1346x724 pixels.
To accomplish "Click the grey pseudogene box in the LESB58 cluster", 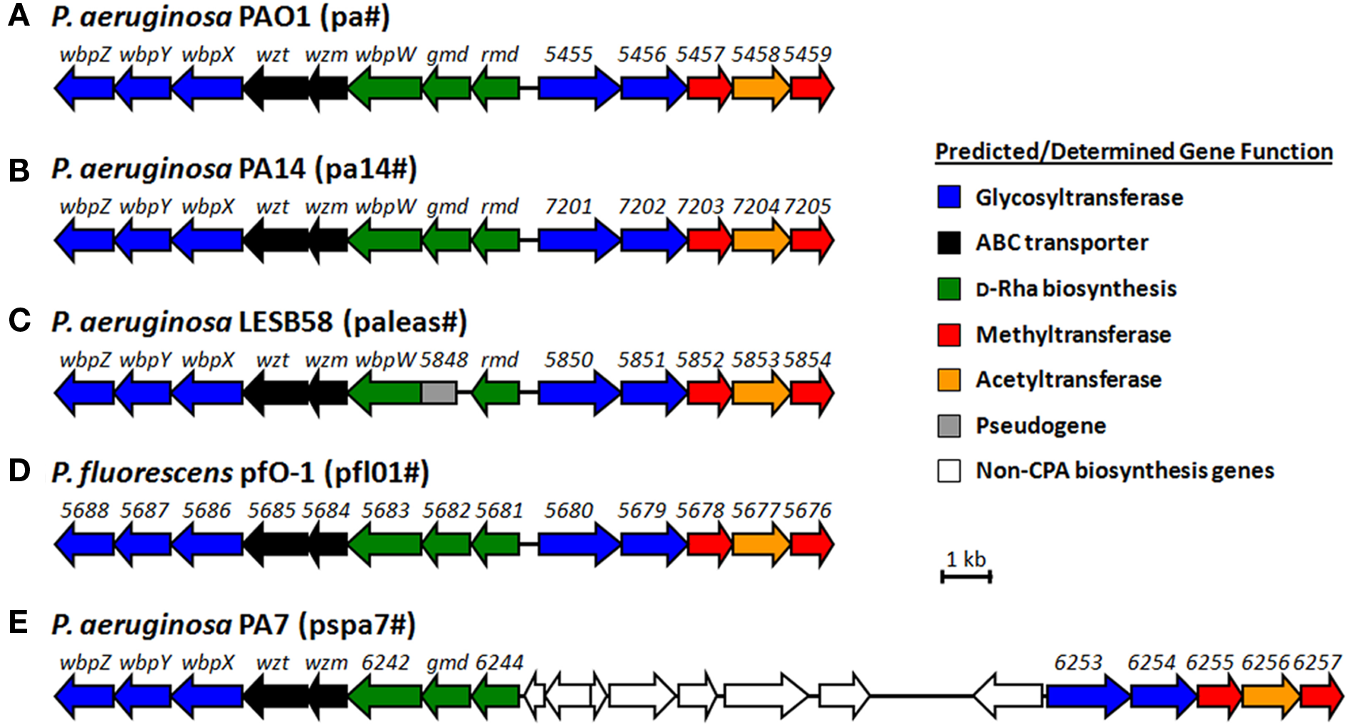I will pos(439,392).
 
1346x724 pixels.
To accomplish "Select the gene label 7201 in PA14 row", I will pos(568,206).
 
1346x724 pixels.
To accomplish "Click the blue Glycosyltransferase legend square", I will pos(949,197).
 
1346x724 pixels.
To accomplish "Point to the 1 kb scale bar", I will pos(966,576).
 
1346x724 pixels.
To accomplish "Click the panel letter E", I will pos(19,622).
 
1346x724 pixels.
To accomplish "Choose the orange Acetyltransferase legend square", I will pos(949,379).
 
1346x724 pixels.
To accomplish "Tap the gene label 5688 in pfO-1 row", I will pos(84,510).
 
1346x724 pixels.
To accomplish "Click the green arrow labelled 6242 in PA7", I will pos(385,696).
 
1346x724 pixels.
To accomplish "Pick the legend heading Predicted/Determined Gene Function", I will pos(1133,152).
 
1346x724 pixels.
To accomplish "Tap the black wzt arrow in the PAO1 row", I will pos(276,88).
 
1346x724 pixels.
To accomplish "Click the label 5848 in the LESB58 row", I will pos(443,360).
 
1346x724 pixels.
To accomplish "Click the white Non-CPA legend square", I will pos(949,471).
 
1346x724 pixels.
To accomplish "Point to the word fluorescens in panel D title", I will pos(155,473).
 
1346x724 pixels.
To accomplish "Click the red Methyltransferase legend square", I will pos(949,334).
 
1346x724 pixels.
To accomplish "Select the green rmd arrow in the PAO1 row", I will pos(496,88).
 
